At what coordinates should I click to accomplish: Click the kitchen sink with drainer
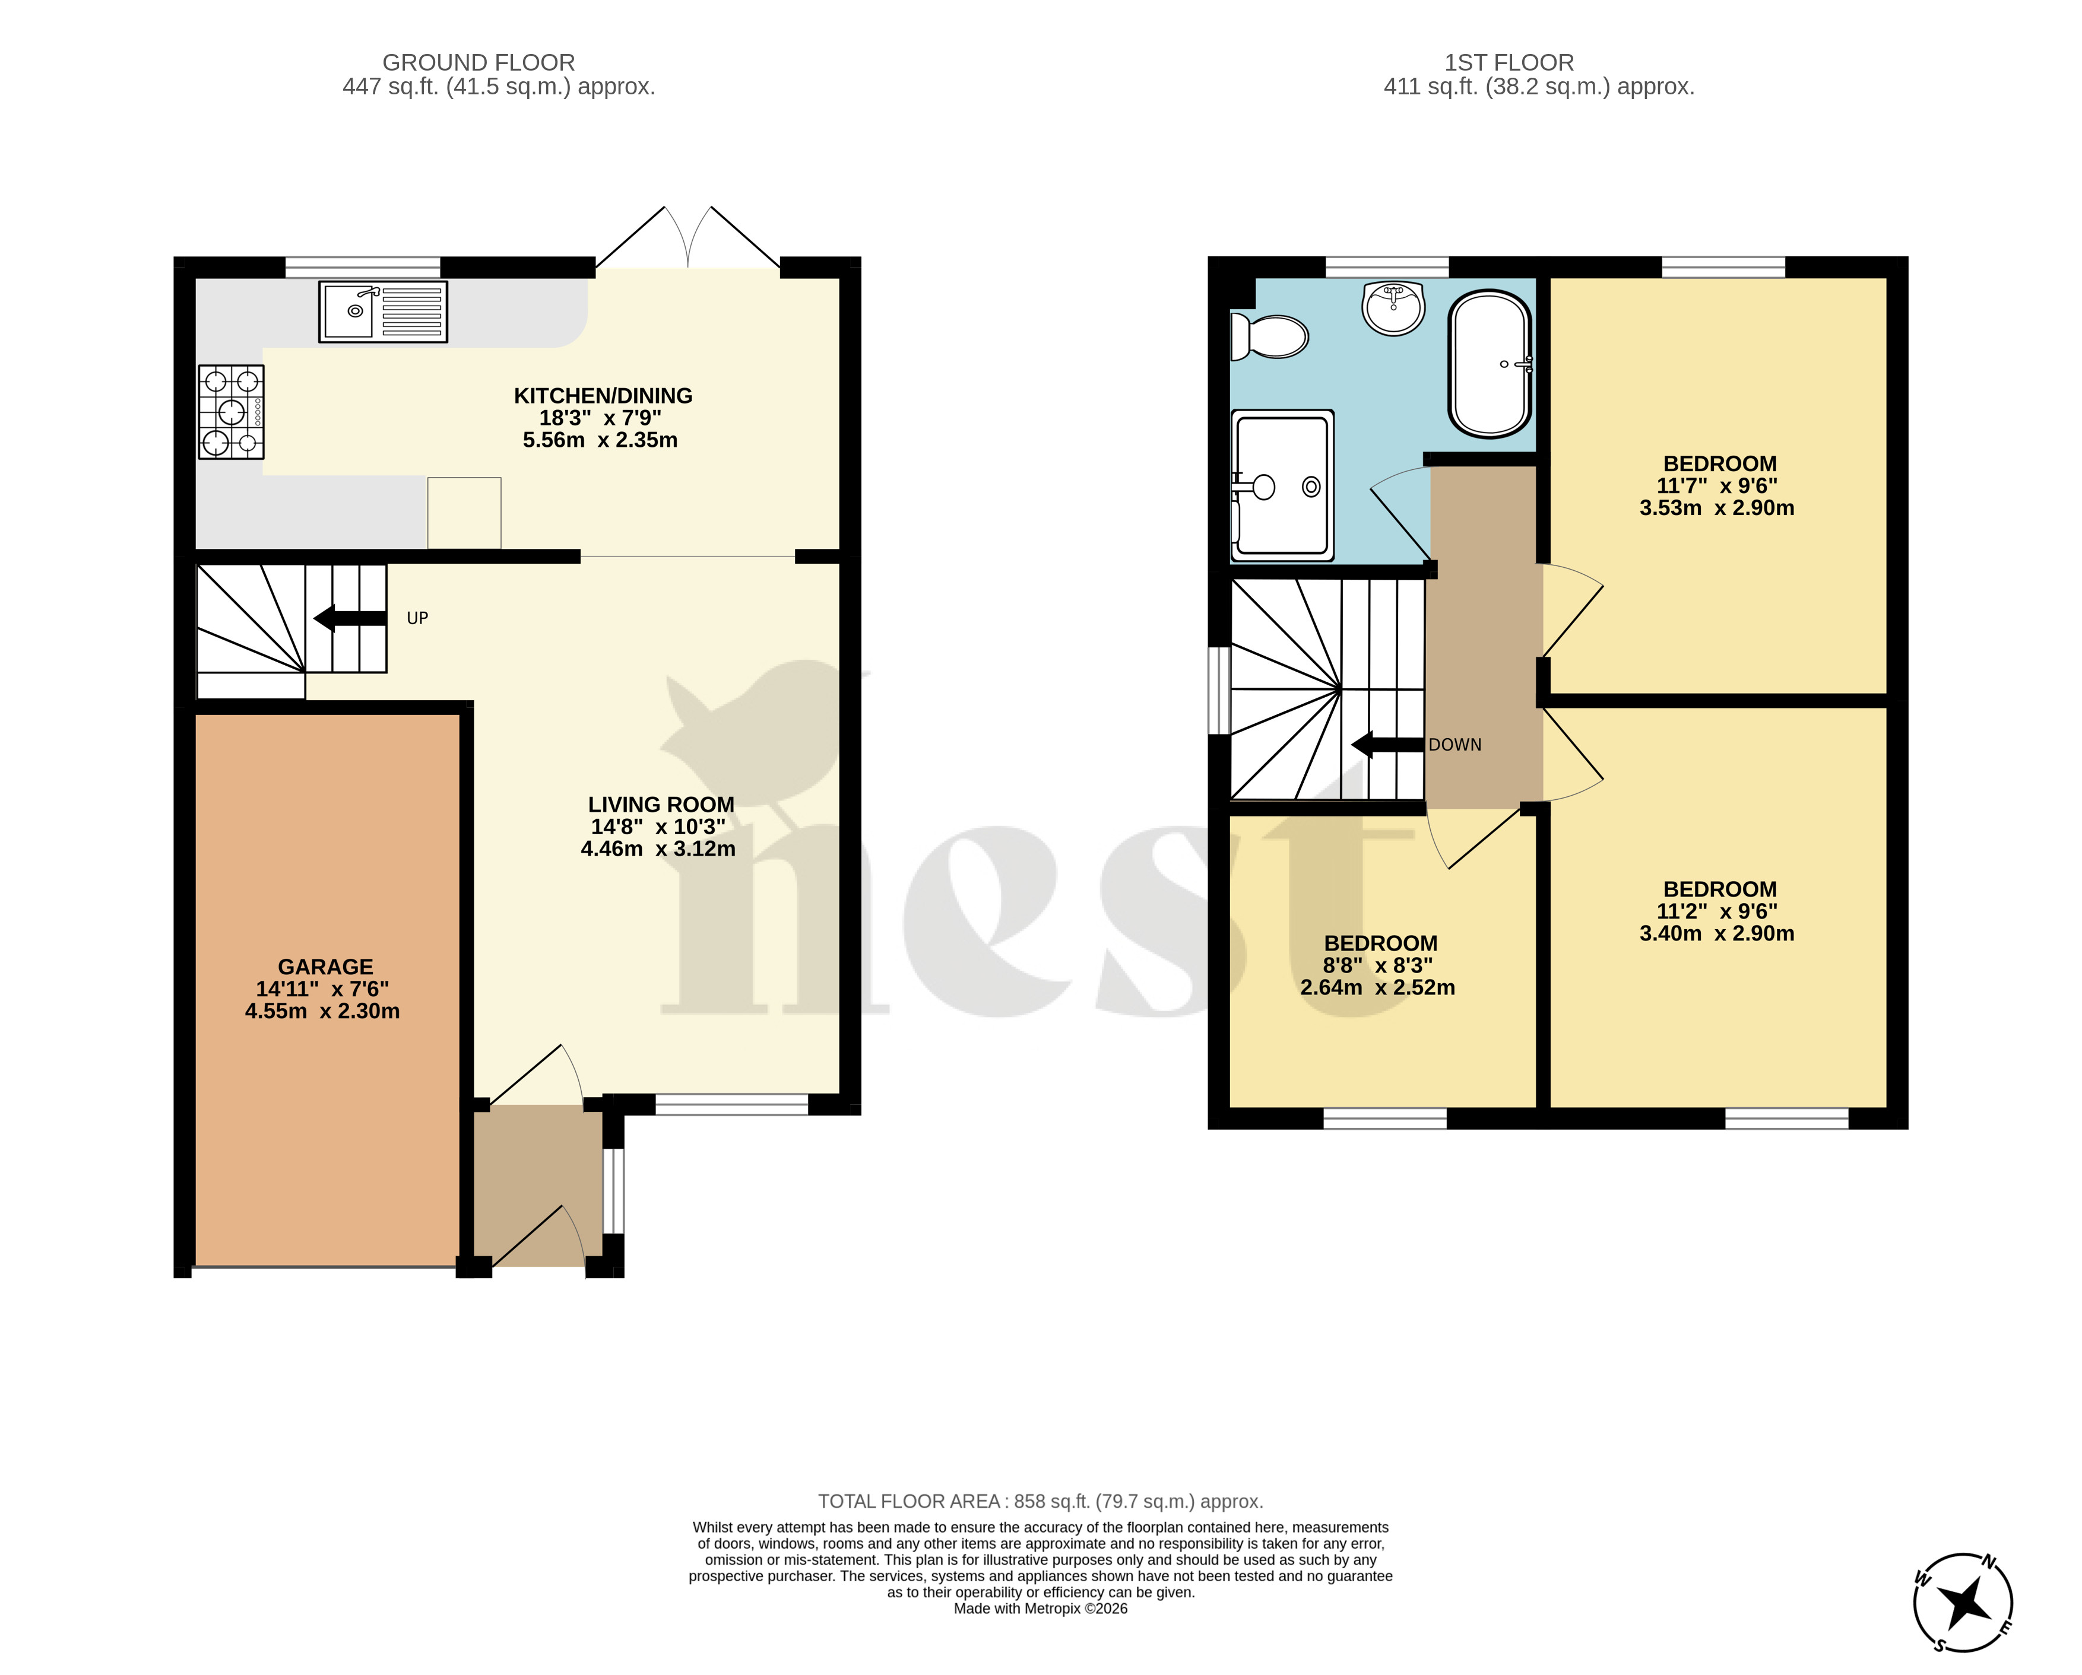[384, 312]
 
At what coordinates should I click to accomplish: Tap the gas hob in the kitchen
[232, 411]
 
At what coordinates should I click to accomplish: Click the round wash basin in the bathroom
[1393, 308]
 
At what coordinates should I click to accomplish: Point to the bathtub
[1490, 364]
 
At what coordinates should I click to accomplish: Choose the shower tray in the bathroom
[1282, 485]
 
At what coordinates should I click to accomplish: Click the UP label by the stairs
[417, 618]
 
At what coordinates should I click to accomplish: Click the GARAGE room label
[325, 967]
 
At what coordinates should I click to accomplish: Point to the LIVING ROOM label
[661, 804]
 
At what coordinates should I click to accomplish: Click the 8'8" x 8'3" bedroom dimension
[1378, 965]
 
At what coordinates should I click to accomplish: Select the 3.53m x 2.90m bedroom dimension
[1717, 508]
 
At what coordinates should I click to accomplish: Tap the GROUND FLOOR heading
[479, 63]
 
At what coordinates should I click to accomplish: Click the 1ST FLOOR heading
[1509, 63]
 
